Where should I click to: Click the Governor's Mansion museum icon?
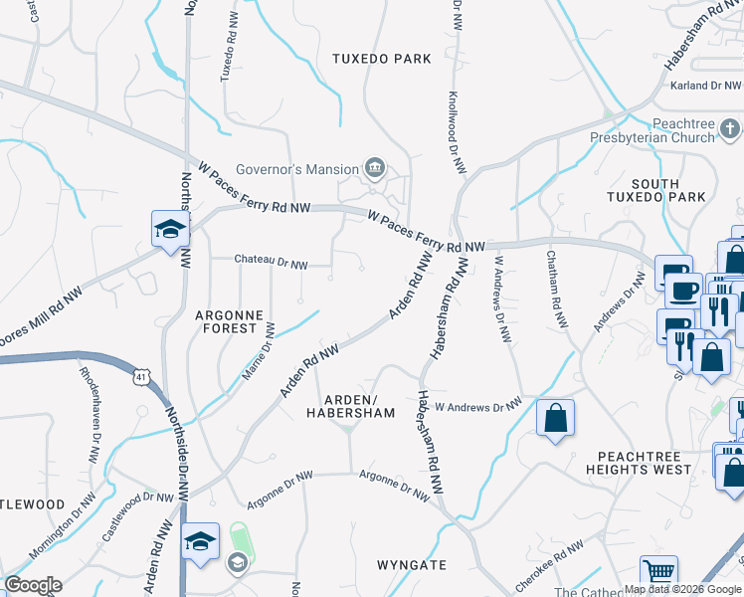pyautogui.click(x=375, y=167)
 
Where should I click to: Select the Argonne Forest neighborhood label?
pyautogui.click(x=230, y=322)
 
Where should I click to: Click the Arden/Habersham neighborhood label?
pyautogui.click(x=350, y=405)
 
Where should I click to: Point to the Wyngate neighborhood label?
pyautogui.click(x=411, y=565)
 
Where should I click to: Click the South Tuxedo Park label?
pyautogui.click(x=655, y=190)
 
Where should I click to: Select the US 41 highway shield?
pyautogui.click(x=142, y=376)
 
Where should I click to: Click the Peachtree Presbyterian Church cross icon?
pyautogui.click(x=730, y=129)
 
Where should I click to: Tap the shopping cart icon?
pyautogui.click(x=658, y=573)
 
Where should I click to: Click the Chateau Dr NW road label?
pyautogui.click(x=272, y=262)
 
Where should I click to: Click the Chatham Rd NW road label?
pyautogui.click(x=556, y=290)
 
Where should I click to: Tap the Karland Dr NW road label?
pyautogui.click(x=703, y=87)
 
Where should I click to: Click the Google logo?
pyautogui.click(x=33, y=585)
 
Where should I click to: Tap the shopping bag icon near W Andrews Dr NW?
pyautogui.click(x=555, y=418)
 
